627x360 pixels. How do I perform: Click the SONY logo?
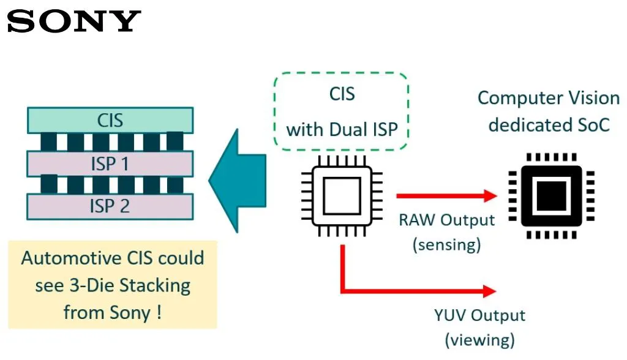pos(74,21)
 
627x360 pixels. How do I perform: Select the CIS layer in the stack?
pos(110,120)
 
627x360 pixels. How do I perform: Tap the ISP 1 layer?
pos(110,163)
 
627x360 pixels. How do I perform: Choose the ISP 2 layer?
pos(110,206)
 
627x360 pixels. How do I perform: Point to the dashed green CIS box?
pos(341,112)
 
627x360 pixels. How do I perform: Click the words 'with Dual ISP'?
pos(342,129)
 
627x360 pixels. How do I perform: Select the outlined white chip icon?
pos(342,196)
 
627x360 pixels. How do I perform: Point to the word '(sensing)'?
pos(446,244)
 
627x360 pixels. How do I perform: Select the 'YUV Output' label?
pos(479,315)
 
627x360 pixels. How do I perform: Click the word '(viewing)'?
pos(479,339)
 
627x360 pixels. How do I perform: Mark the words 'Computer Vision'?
pos(548,98)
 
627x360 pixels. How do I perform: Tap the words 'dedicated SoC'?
pos(549,125)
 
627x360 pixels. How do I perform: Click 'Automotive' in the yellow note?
pos(64,258)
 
